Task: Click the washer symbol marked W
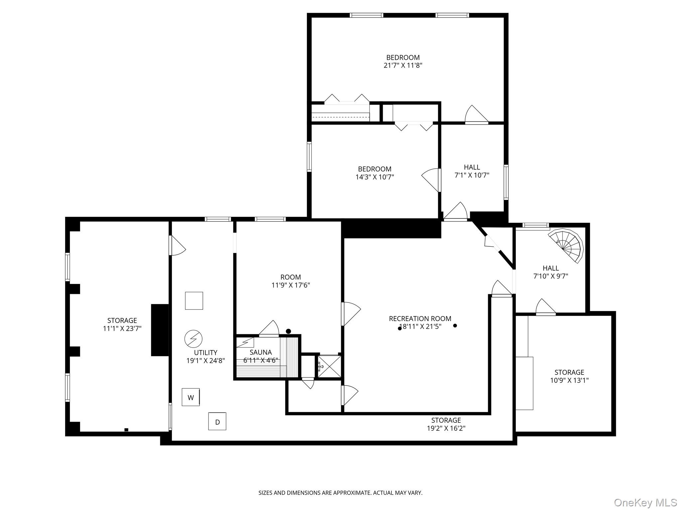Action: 191,397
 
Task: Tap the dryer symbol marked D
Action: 217,421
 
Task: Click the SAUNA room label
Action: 261,352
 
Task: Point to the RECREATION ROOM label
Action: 420,319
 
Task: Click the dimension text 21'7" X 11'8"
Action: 403,65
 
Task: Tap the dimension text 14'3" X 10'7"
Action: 375,177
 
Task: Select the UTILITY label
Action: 205,353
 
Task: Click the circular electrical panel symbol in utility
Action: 193,339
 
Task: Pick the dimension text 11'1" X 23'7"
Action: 122,329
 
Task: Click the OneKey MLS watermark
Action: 645,502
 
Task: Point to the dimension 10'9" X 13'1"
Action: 569,381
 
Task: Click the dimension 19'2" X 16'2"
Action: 446,428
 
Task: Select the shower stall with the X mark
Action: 329,366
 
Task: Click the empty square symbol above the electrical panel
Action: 194,301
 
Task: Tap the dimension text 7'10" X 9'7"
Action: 551,276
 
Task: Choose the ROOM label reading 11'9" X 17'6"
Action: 291,281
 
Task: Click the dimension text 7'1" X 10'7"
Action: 472,175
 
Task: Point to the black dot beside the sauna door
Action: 288,331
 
